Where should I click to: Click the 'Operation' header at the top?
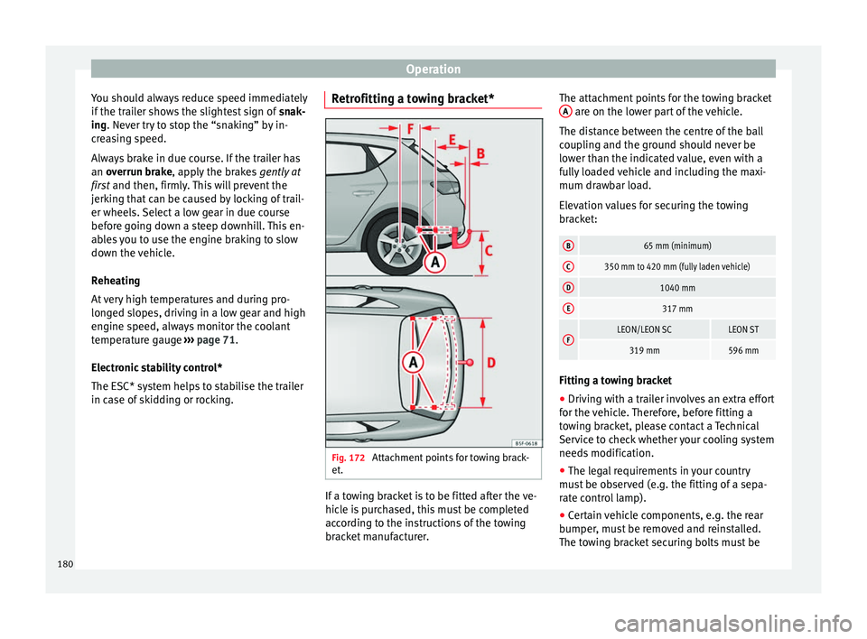[x=433, y=69]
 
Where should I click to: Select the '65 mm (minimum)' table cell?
[x=676, y=245]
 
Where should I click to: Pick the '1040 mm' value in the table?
[x=676, y=288]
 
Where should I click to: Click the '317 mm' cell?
[x=676, y=309]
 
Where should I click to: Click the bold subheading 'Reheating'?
[x=117, y=281]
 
